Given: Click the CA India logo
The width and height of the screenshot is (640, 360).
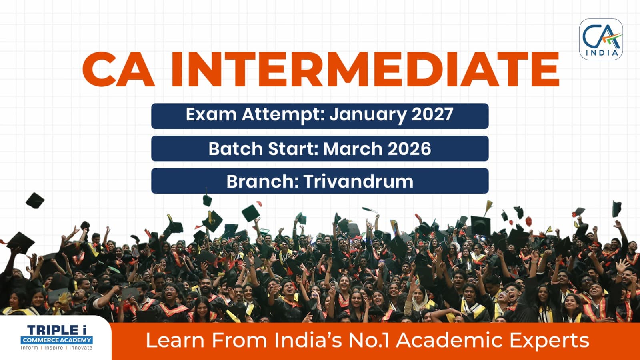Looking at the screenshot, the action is click(x=601, y=40).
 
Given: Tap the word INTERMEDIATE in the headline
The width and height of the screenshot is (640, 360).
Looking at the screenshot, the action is click(x=364, y=70).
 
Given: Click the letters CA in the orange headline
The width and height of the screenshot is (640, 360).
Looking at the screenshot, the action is click(x=118, y=70).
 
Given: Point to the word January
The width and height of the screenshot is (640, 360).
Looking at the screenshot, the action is click(x=368, y=115).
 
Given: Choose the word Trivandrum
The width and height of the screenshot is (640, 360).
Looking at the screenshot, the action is click(x=358, y=181).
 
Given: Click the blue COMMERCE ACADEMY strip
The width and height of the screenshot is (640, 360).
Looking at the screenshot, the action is click(x=56, y=340).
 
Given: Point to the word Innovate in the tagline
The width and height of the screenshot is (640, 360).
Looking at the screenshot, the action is click(x=81, y=348).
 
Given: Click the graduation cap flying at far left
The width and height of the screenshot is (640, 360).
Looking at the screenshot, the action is click(x=35, y=200).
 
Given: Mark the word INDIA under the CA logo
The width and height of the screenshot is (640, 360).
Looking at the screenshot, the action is click(x=602, y=53).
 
